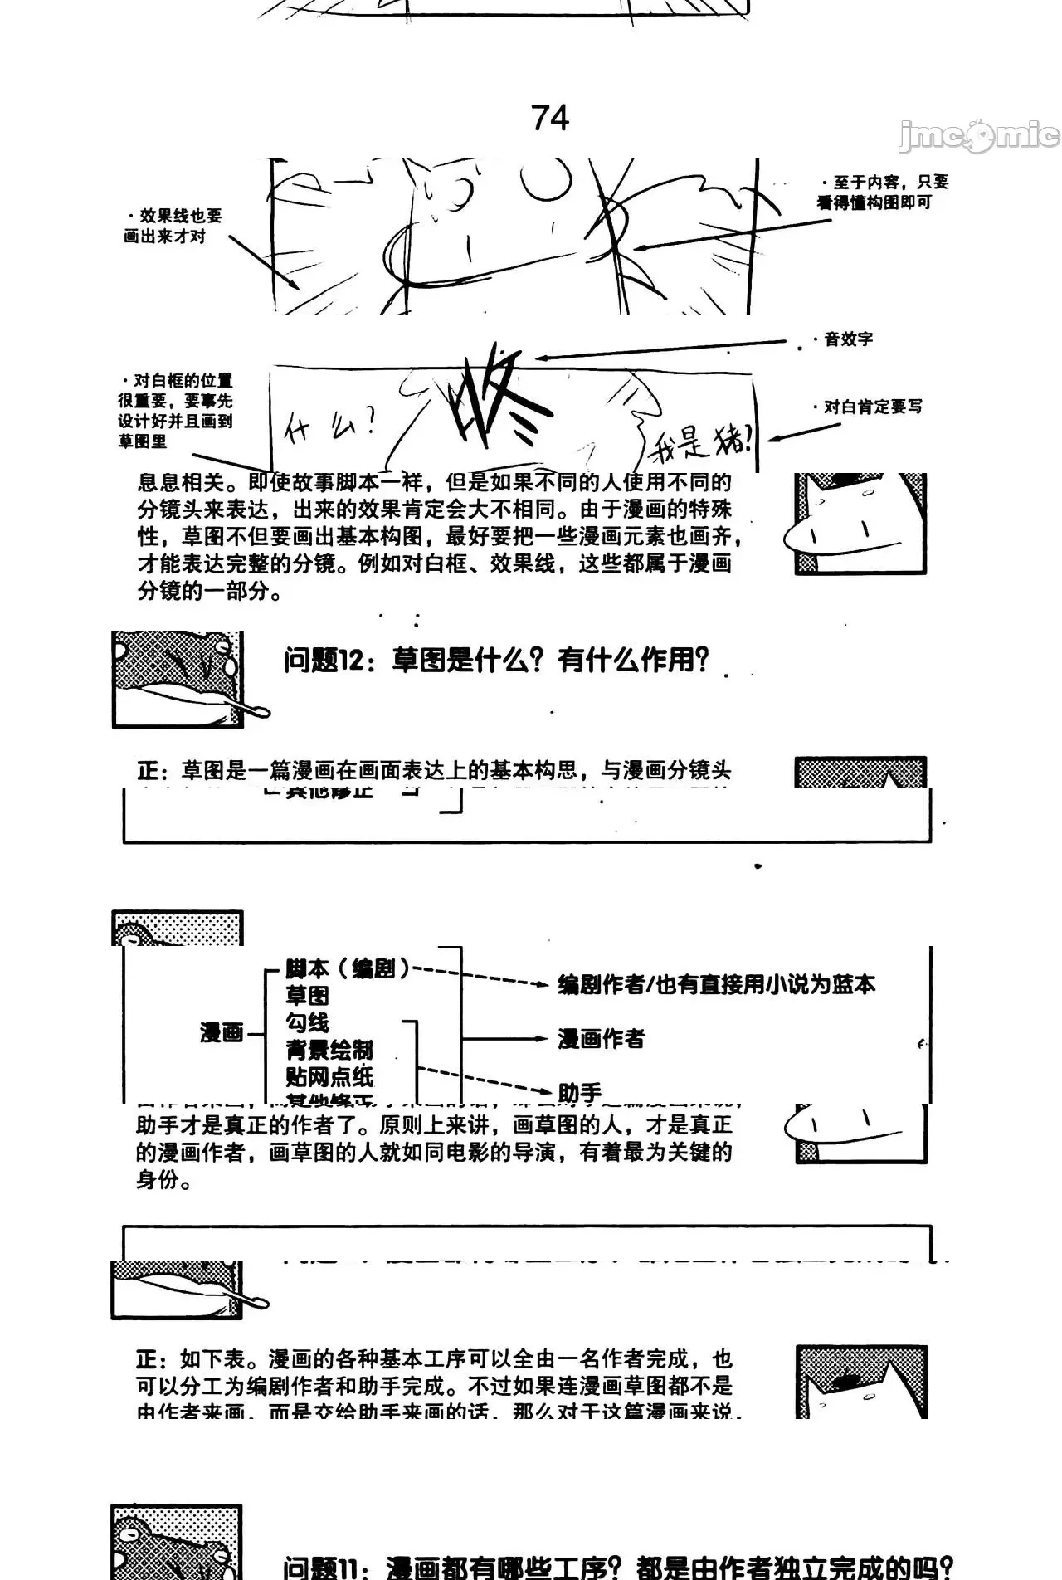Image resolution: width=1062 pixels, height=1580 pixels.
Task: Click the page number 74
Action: tap(550, 118)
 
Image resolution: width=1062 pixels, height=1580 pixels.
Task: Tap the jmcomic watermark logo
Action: tap(979, 136)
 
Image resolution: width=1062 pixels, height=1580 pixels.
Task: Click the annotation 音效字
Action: tap(847, 339)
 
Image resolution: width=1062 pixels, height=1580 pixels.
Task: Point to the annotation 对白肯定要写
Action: tap(871, 407)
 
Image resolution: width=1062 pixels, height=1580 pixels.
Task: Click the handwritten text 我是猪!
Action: tap(702, 440)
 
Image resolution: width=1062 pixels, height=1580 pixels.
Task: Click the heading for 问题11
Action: tap(617, 1565)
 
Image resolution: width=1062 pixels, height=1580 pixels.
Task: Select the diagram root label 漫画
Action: tap(222, 1033)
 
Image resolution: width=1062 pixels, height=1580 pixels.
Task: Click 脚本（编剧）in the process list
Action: tap(348, 968)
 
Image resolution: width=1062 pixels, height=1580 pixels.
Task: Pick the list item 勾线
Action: tap(307, 1022)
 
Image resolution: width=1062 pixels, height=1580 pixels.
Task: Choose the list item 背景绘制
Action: tap(329, 1050)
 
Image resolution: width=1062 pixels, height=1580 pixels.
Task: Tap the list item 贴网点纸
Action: tap(329, 1076)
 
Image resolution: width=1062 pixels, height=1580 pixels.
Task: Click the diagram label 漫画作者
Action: tap(601, 1039)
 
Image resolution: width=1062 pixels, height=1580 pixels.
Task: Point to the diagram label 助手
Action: tap(579, 1093)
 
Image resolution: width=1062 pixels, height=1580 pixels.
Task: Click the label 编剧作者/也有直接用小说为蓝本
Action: tap(716, 985)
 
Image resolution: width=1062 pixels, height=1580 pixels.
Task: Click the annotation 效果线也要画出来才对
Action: tap(173, 226)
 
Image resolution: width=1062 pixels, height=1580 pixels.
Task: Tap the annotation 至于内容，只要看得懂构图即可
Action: tap(883, 193)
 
